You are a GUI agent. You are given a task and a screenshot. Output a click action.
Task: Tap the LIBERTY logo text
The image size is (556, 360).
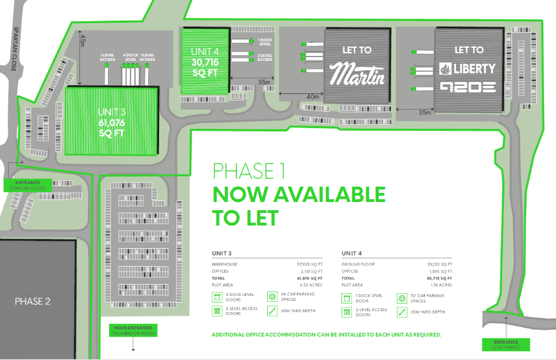pos(467,68)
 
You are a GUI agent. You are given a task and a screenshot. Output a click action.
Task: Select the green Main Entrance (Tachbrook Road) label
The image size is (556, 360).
pos(132,330)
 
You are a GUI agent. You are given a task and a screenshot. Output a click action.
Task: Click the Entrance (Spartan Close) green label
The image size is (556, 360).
pos(28,185)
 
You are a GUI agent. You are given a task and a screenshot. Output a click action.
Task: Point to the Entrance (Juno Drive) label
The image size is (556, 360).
pos(506,344)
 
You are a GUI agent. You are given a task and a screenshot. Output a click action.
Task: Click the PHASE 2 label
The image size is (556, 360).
pos(33,301)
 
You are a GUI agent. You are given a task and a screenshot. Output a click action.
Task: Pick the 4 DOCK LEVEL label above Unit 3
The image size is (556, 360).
pos(130,57)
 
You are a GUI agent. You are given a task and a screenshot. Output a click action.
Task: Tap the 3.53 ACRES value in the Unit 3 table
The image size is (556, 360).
pos(312,285)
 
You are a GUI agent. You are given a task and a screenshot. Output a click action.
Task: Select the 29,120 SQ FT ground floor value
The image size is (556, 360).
pos(440,264)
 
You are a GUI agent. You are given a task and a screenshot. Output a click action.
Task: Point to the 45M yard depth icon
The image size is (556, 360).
pos(272,312)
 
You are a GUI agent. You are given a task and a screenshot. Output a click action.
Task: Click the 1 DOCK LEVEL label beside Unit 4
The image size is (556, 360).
pos(264,42)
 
